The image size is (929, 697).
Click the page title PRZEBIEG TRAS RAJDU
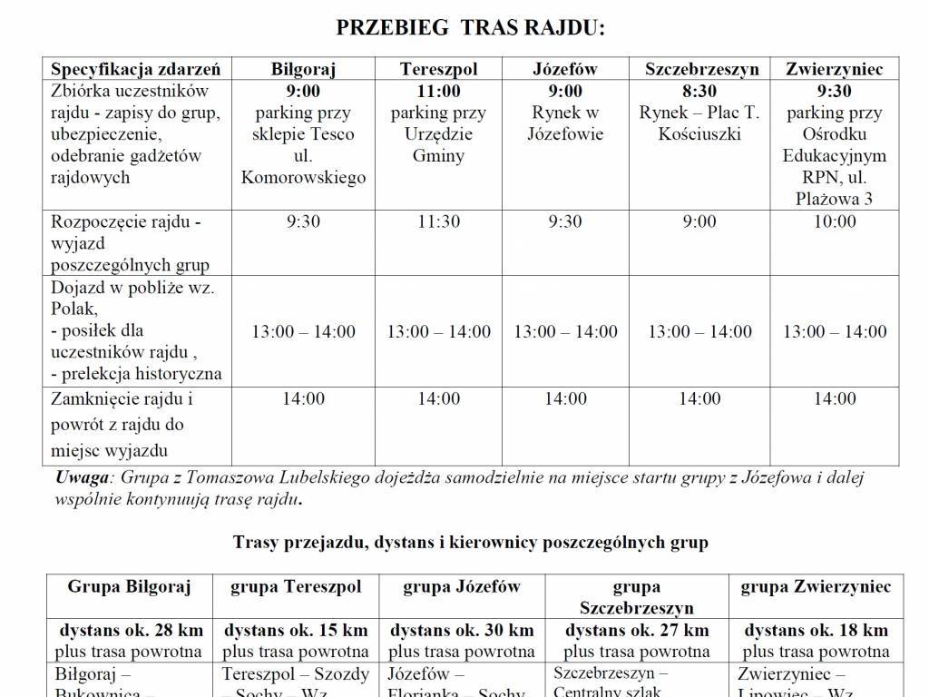coord(470,28)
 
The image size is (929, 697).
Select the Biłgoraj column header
coord(303,70)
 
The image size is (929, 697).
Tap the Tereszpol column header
coord(438,70)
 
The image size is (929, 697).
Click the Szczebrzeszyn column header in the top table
coord(701,70)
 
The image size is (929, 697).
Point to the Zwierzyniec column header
coord(834,70)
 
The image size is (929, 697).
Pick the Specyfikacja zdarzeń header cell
coord(135,70)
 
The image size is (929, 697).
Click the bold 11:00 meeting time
coord(438,92)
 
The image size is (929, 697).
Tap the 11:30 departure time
coord(438,221)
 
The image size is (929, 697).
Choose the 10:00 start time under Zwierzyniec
coord(834,221)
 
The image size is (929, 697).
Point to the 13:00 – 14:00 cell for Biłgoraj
coord(303,331)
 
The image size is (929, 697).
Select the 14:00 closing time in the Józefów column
coord(565,398)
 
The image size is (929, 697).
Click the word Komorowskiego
coord(303,178)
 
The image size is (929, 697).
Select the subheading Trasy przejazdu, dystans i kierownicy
coord(470,543)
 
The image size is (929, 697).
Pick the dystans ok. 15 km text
coord(296,630)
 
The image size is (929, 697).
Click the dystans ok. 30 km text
coord(462,630)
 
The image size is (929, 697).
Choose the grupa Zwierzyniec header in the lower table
coord(816,586)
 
